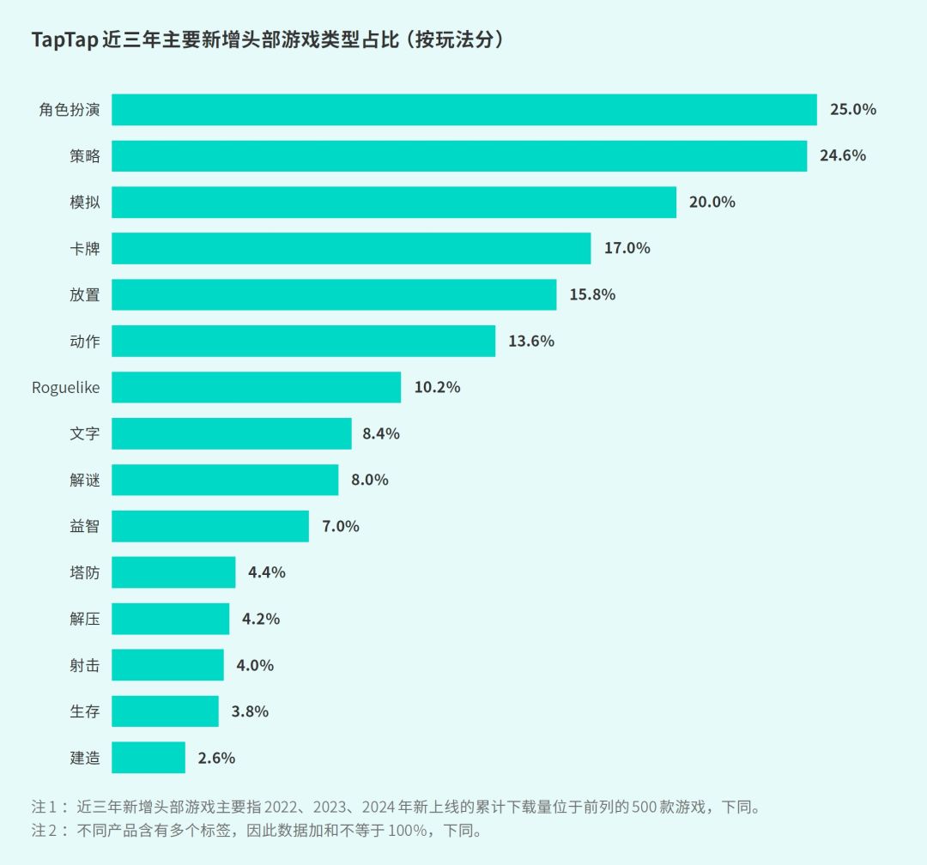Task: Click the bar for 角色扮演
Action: pos(463,110)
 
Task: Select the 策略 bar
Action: pos(459,156)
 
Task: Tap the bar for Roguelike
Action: pos(256,387)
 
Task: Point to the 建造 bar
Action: pos(148,758)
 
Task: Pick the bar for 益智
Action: pos(210,526)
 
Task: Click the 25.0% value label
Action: pos(852,110)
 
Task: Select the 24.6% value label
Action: pos(842,156)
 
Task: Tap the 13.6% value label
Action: pos(531,342)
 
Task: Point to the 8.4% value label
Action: pos(381,434)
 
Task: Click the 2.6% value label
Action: pos(216,759)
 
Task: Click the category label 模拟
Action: pos(85,203)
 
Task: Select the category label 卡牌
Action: pos(85,249)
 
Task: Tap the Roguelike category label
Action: pos(66,388)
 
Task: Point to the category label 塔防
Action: pos(85,573)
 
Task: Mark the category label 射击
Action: pos(85,666)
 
